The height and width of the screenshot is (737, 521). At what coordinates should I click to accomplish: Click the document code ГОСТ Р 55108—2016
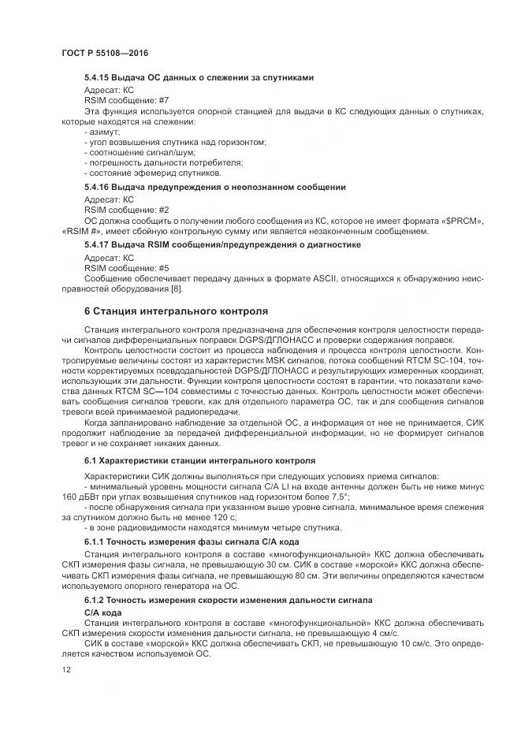coord(104,52)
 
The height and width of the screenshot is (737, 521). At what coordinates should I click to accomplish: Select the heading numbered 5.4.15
coord(199,77)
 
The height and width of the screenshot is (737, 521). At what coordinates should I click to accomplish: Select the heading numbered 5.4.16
coord(214,188)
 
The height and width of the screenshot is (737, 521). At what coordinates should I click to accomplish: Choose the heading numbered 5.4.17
coord(222,245)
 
